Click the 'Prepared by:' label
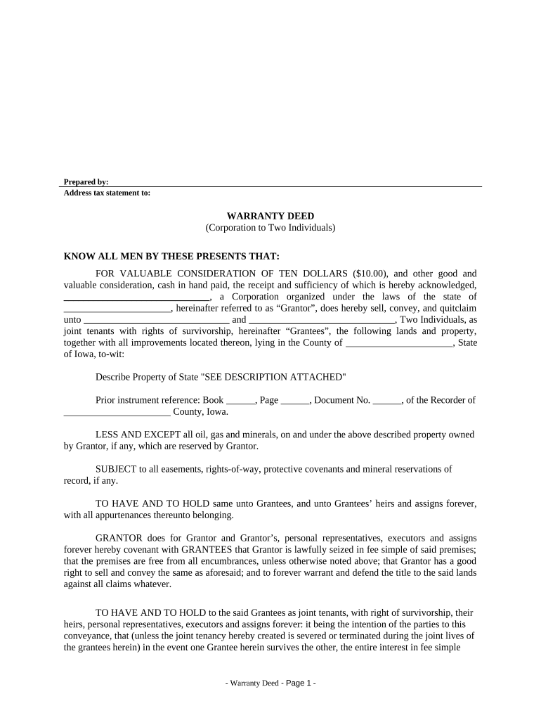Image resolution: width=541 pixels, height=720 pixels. pos(86,182)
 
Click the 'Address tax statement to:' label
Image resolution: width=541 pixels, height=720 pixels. pos(107,193)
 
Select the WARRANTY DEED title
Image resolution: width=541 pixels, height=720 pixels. pos(270,216)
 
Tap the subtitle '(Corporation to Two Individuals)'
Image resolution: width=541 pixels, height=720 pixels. pos(270,228)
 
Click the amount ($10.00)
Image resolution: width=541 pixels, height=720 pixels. pos(372,274)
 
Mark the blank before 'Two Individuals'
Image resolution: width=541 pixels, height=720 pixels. pos(322,320)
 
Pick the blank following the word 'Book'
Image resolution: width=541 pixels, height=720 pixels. pos(241,401)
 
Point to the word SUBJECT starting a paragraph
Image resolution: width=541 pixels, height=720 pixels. pos(115,469)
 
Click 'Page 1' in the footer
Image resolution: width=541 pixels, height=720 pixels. pos(300,683)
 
